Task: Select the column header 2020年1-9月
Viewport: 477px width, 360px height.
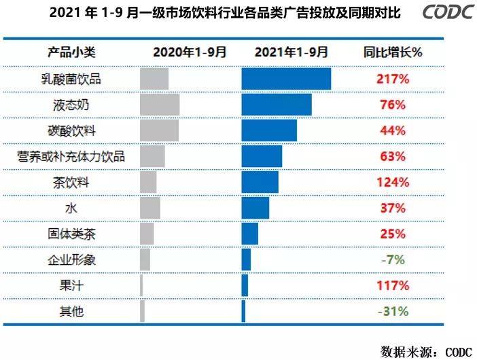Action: (x=190, y=52)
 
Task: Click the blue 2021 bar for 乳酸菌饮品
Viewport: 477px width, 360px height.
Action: (x=286, y=79)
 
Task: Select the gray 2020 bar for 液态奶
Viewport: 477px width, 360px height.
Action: (x=159, y=105)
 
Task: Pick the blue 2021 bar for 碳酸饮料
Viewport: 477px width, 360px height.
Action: (x=269, y=130)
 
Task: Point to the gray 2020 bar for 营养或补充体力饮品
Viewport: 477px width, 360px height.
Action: (x=152, y=156)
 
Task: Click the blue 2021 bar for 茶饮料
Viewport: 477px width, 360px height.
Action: (x=260, y=182)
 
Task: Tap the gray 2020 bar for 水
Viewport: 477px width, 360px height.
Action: (x=149, y=208)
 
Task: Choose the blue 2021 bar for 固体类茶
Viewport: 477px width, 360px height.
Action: (x=249, y=234)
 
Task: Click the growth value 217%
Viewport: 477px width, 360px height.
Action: (x=393, y=79)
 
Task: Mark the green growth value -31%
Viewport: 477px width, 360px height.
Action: (x=393, y=311)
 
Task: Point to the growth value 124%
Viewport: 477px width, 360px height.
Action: (x=393, y=182)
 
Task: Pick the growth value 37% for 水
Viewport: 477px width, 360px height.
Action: (x=393, y=208)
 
